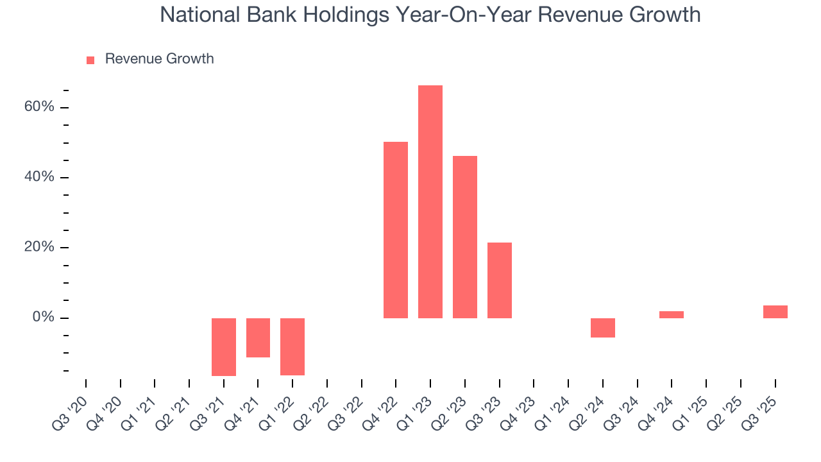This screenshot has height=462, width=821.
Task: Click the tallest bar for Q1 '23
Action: [430, 201]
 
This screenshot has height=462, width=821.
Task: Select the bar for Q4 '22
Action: [396, 230]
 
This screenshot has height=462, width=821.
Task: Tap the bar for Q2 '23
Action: [464, 237]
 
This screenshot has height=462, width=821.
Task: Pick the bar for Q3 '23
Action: [499, 280]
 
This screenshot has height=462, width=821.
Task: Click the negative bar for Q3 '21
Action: [224, 346]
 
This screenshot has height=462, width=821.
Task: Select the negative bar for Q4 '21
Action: [258, 338]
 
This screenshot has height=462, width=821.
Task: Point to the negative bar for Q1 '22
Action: [292, 346]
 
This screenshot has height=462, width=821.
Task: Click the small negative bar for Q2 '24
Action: [603, 327]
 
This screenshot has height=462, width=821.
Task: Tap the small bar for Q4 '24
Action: [672, 314]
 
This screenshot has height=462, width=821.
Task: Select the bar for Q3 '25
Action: [775, 312]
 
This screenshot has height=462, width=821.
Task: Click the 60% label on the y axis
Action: [39, 107]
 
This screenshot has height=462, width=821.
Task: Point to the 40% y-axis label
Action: [39, 177]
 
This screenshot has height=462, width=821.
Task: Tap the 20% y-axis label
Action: [39, 248]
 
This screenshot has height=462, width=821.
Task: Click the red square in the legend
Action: [90, 60]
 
